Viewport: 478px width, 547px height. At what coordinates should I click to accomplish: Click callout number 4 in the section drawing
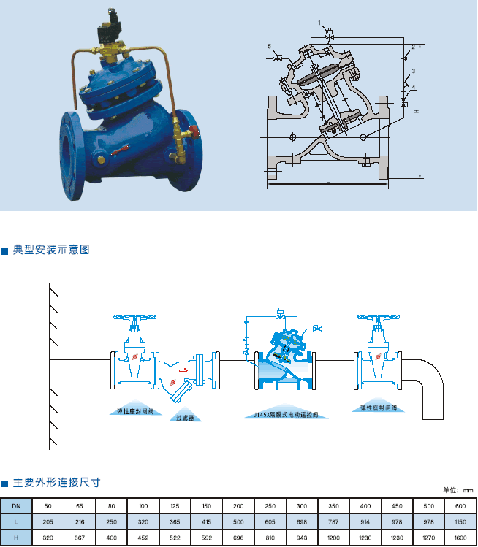(x=414, y=87)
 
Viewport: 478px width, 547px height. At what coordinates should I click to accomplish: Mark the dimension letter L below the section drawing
(x=328, y=180)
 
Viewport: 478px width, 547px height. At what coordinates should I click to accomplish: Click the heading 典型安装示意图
(x=50, y=250)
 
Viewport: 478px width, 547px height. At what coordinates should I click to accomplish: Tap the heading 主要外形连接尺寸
(x=56, y=483)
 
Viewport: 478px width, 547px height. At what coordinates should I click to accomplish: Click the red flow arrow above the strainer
(x=183, y=370)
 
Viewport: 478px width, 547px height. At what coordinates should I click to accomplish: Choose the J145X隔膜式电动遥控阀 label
(x=286, y=414)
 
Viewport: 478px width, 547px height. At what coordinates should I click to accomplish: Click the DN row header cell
(x=16, y=506)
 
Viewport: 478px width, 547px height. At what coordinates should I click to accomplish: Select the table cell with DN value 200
(x=238, y=506)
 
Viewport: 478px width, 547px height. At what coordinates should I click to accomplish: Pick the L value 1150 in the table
(x=460, y=522)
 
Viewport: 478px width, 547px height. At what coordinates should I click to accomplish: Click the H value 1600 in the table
(x=460, y=538)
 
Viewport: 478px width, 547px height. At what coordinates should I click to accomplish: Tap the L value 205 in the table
(x=48, y=522)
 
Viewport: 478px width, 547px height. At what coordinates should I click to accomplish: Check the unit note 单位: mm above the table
(x=458, y=490)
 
